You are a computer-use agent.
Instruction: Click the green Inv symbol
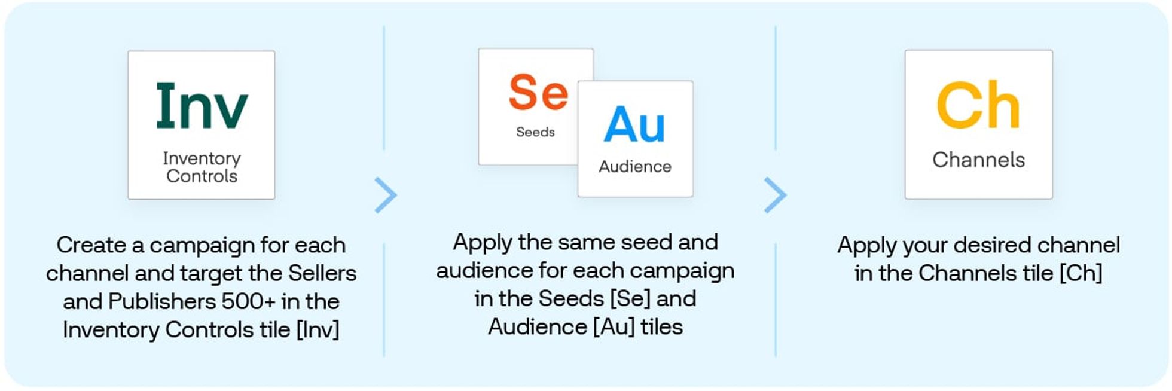coord(202,106)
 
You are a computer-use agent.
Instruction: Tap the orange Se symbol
coord(538,92)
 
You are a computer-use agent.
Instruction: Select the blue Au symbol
coord(634,124)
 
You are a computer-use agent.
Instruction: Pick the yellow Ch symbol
coord(978,106)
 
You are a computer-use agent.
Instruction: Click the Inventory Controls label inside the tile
coord(202,167)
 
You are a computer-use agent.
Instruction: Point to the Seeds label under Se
coord(535,132)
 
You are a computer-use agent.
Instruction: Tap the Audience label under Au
coord(634,166)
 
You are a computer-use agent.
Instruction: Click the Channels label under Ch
coord(978,160)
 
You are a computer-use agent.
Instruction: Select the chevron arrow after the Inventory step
coord(386,195)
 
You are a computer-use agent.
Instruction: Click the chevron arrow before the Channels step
coord(775,195)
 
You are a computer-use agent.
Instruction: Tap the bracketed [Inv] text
coord(318,329)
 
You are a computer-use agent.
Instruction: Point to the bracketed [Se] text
coord(630,298)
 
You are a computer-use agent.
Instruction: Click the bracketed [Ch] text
coord(1081,273)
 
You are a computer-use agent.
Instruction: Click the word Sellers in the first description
coord(322,273)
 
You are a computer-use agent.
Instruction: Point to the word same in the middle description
coord(571,242)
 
